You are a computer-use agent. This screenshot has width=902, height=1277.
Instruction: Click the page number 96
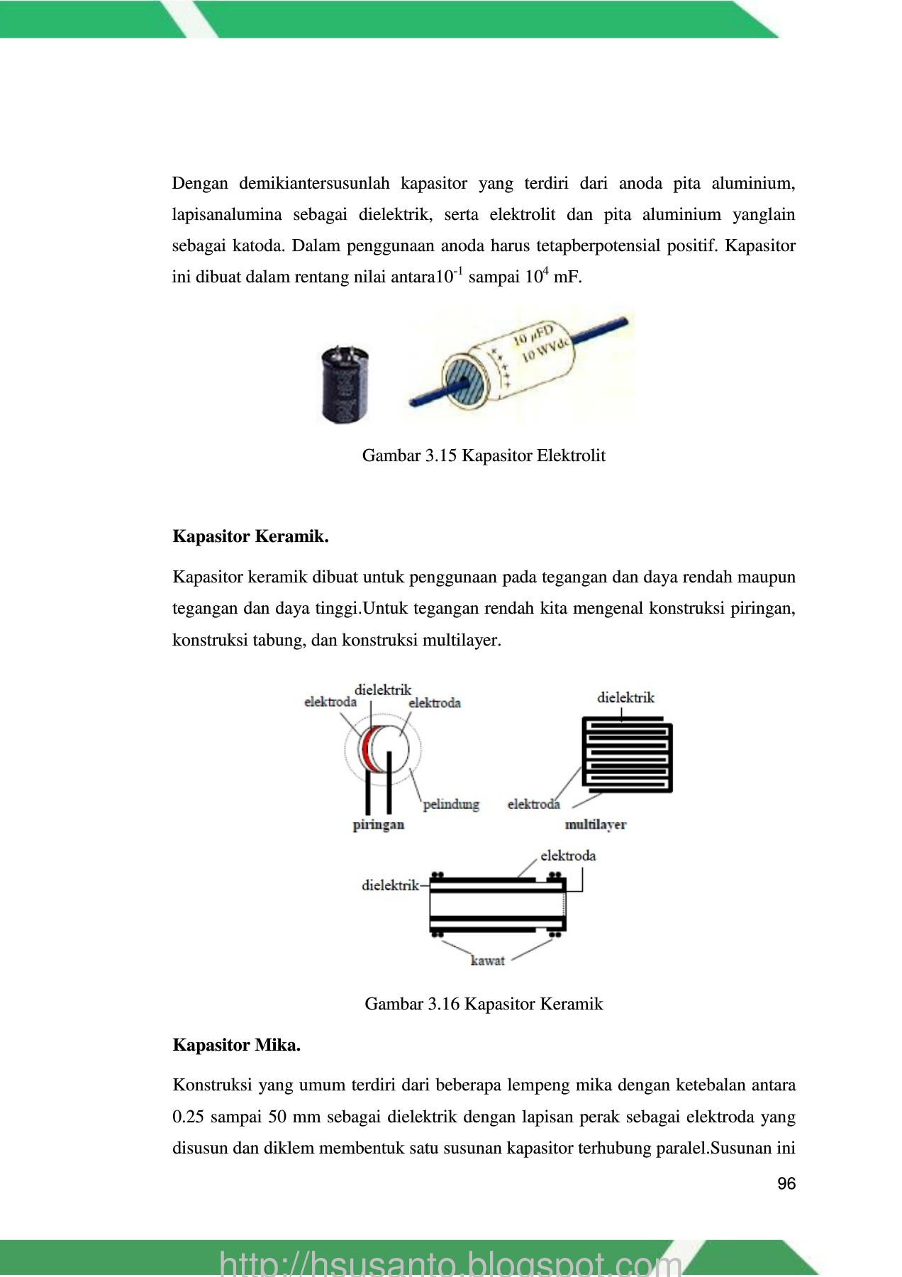point(786,1183)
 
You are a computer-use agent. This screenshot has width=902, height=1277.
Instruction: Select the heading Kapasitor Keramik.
point(250,536)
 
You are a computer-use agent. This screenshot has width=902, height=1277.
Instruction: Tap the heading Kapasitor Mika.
point(236,1045)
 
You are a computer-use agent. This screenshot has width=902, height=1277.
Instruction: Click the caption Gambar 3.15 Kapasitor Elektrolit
point(484,455)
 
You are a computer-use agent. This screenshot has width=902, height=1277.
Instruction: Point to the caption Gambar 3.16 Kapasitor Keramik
point(484,1004)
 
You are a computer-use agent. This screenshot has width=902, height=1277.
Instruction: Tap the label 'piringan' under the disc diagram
point(378,824)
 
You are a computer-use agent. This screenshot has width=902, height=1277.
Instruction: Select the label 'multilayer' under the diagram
point(595,824)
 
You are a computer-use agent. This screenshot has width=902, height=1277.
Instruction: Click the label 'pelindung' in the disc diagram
point(451,805)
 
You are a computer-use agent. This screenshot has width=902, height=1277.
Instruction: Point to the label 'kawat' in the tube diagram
point(487,961)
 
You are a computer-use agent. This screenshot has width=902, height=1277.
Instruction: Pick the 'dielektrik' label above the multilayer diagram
point(625,697)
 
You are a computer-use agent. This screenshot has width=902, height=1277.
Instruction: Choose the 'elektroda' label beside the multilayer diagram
point(533,805)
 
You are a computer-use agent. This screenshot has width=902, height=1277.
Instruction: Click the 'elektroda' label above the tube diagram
point(567,856)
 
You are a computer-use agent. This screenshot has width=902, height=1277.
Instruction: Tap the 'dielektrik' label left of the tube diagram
point(390,885)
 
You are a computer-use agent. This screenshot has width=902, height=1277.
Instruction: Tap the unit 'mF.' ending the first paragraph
point(567,277)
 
